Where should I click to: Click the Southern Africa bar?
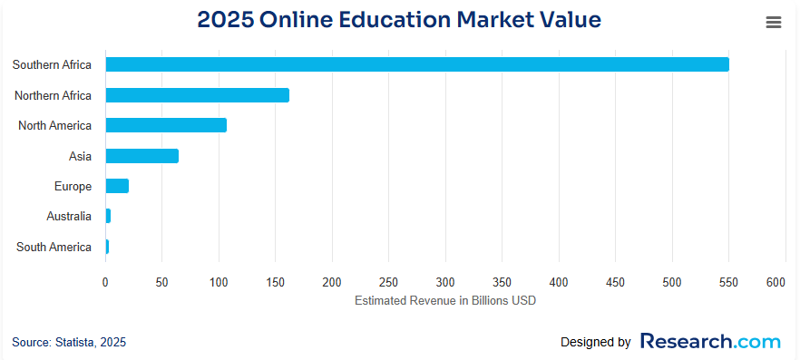point(417,64)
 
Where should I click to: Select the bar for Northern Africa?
point(198,95)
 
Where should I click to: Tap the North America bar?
point(166,125)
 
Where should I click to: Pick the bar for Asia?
point(142,156)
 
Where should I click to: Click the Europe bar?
point(117,186)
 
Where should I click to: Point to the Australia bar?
point(108,216)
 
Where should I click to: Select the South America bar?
point(107,247)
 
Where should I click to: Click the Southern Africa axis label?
point(52,64)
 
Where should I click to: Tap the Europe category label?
point(73,186)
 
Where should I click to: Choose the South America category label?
point(54,247)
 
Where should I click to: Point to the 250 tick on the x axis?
point(388,283)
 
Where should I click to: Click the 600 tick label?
point(775,283)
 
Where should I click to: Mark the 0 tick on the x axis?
point(105,283)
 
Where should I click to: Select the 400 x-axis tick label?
point(558,283)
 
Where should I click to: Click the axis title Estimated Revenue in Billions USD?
point(445,300)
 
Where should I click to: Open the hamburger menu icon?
point(774,23)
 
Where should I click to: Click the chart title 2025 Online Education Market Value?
point(399,20)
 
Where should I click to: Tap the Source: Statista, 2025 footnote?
point(69,342)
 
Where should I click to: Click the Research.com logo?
point(710,342)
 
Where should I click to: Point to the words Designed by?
point(595,343)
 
